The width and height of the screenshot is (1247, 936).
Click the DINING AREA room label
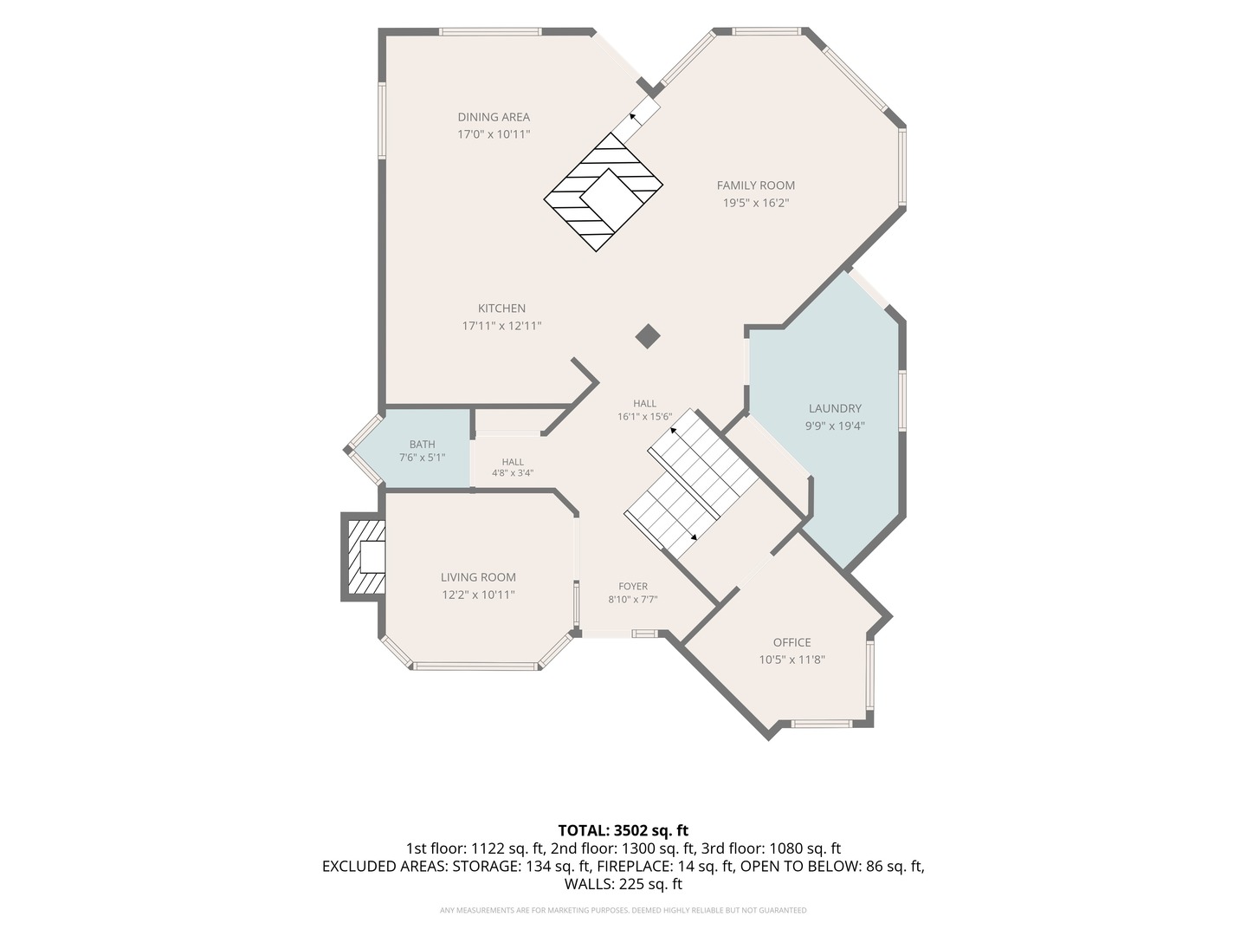tap(494, 117)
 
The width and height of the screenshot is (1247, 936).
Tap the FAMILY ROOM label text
tap(756, 185)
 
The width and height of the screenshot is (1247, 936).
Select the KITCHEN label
tap(501, 309)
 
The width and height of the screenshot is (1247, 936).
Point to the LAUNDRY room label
tap(835, 408)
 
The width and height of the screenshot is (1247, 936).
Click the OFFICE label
tap(792, 643)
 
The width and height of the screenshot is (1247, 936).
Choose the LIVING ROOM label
tap(478, 577)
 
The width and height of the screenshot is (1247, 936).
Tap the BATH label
tap(422, 445)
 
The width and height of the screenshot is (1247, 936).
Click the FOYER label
tap(633, 587)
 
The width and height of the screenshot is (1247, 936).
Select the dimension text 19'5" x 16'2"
tap(756, 203)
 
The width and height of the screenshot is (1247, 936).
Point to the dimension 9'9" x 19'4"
tap(835, 426)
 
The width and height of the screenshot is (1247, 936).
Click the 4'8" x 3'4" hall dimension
tap(513, 473)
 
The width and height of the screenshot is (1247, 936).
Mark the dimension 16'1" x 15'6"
tap(645, 417)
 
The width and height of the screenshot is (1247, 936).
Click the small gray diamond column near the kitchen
tap(648, 336)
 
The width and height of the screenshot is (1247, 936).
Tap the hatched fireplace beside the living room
tap(364, 557)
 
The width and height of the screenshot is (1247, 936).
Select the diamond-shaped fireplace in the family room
tap(604, 192)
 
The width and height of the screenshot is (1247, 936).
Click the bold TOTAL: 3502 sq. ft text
tap(623, 831)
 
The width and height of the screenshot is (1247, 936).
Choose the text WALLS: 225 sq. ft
tap(623, 884)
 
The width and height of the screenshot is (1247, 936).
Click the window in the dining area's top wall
tap(490, 32)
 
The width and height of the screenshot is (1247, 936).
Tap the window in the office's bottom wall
tap(822, 724)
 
